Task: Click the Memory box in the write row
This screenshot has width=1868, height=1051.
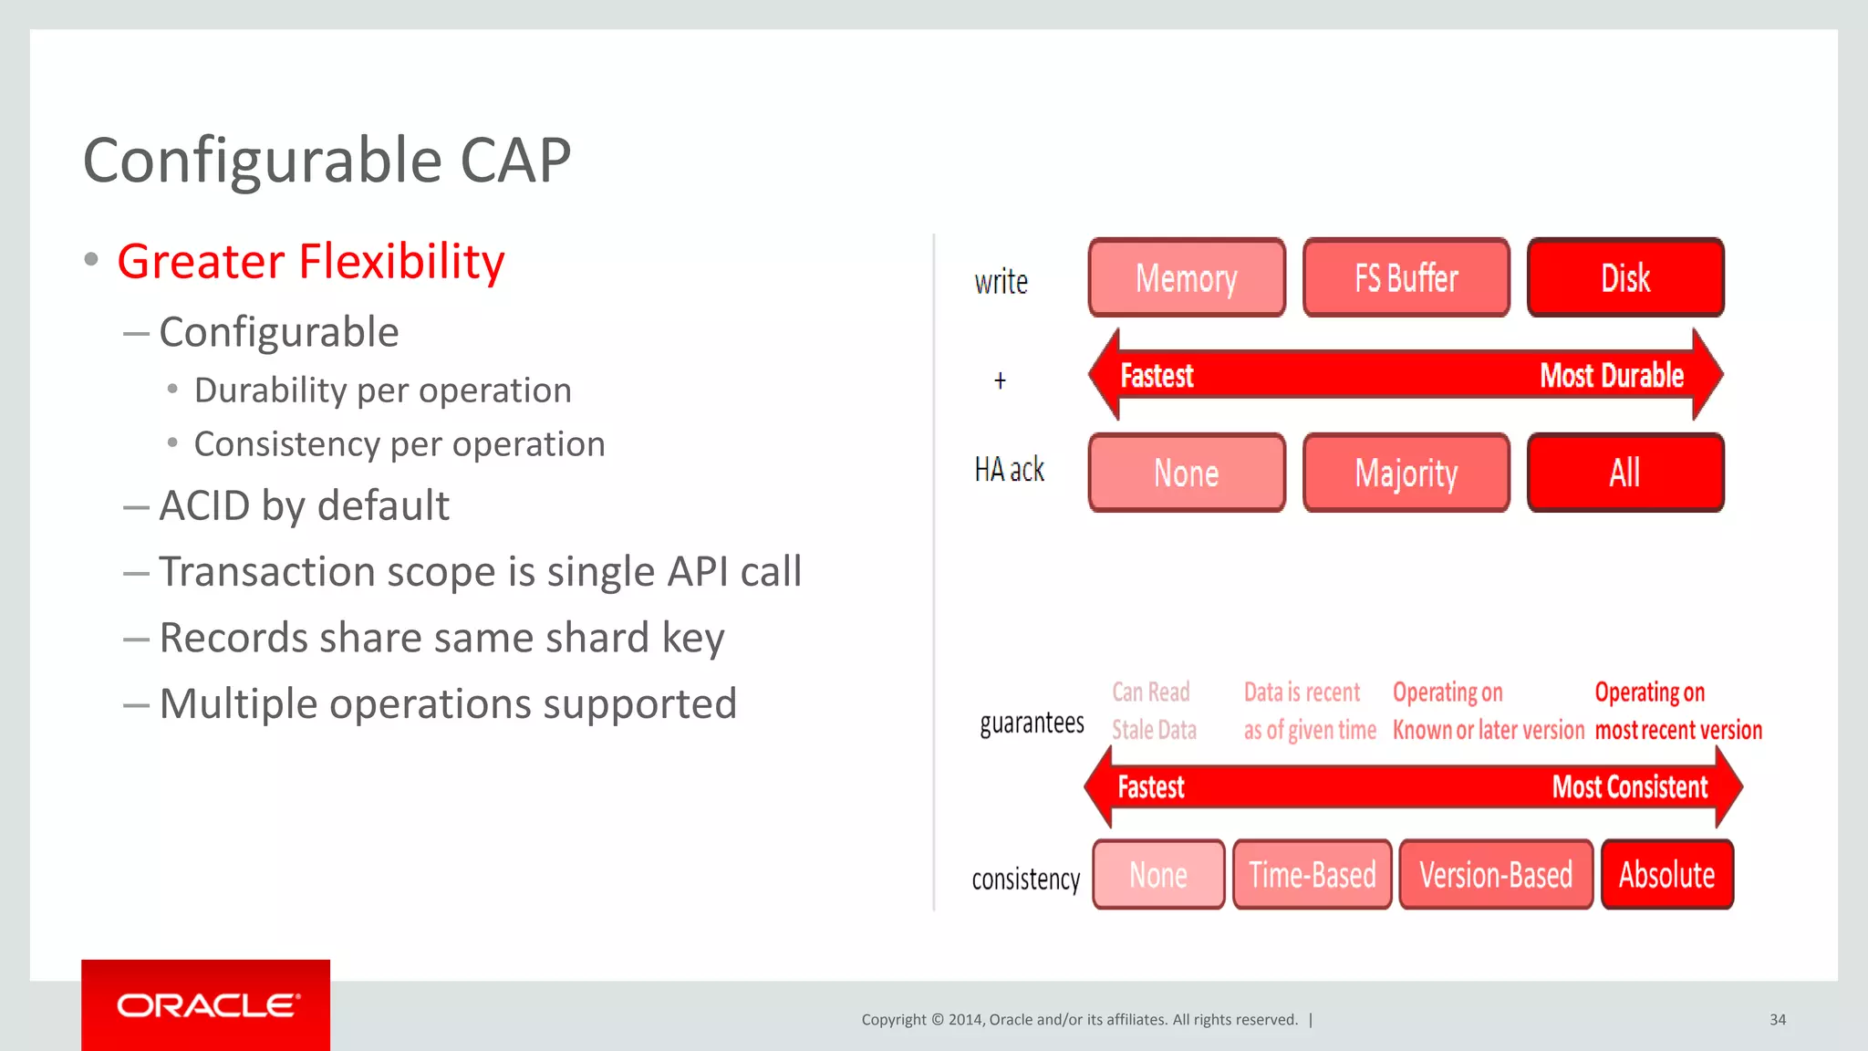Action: (1187, 278)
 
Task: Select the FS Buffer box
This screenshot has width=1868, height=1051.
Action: (1406, 278)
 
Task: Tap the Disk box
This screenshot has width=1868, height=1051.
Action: (1625, 278)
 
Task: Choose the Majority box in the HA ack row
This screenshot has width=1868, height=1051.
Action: (1406, 473)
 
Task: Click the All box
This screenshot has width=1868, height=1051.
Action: (1625, 473)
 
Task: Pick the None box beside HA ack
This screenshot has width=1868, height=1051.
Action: (1187, 473)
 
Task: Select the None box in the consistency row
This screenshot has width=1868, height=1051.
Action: (1158, 875)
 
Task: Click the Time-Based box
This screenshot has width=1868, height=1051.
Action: (1312, 875)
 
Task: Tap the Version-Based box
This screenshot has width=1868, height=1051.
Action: (1496, 875)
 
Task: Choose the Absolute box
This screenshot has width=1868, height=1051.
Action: (1666, 875)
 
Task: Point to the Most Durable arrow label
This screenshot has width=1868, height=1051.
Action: (1611, 376)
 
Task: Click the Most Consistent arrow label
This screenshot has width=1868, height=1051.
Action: (1629, 787)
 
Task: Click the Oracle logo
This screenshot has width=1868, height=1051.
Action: (206, 1005)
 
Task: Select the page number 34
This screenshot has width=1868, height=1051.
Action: (1778, 1020)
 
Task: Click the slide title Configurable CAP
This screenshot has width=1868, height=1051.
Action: (327, 161)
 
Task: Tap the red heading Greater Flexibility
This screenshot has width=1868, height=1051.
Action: (310, 262)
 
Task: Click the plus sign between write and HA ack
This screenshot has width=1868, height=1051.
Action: (1000, 380)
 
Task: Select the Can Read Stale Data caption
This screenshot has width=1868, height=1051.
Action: (1153, 711)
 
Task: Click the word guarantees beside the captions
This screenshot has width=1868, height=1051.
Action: (1032, 723)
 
